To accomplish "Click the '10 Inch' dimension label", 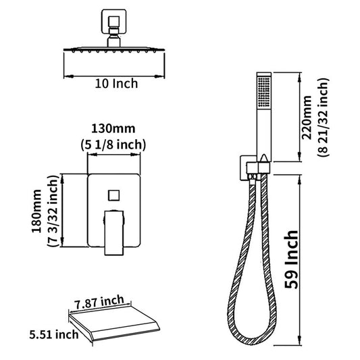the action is [116, 84].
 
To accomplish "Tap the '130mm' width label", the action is [113, 128].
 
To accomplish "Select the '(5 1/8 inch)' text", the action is [113, 145].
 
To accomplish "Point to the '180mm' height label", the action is [36, 211].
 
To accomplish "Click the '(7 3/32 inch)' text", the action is [53, 211].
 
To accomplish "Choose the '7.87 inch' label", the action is [99, 303].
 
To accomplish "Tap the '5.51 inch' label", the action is [54, 334].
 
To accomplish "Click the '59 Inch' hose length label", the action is [291, 259].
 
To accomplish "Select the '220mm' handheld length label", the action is [307, 118].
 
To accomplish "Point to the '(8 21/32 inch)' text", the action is [324, 118].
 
